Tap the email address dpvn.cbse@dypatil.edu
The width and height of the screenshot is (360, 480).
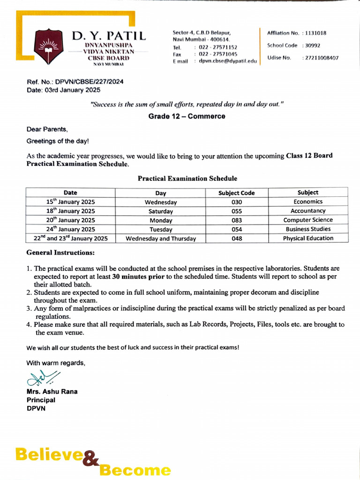point(228,61)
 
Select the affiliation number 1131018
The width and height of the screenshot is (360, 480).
point(316,33)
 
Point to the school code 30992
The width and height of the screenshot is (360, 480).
point(313,45)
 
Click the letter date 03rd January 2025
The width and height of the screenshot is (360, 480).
point(73,90)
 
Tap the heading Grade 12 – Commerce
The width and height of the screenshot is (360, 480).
point(187,116)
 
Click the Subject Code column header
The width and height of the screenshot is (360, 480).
point(237,193)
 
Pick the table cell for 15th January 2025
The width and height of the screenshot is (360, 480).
point(70,202)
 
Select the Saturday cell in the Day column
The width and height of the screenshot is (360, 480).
point(161,211)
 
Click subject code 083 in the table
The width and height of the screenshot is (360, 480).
point(237,220)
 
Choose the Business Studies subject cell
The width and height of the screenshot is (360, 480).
point(308,229)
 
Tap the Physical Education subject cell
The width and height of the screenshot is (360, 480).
point(308,238)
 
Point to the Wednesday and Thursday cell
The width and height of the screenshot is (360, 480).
point(161,239)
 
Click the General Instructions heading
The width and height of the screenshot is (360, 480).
point(60,253)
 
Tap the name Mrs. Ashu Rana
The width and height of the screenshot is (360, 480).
point(52,391)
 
